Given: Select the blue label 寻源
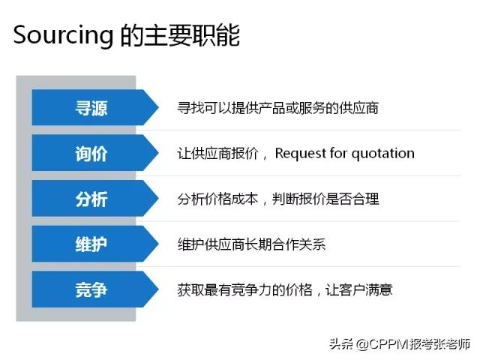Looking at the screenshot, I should [x=91, y=107].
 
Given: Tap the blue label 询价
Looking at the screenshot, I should [x=91, y=153].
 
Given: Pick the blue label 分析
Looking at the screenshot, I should [x=91, y=199].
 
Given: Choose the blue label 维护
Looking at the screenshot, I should [x=91, y=244].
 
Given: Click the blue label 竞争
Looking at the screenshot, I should [x=91, y=289].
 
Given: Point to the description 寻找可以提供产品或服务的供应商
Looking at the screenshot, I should [x=277, y=107].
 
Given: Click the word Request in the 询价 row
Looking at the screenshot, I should [x=301, y=153].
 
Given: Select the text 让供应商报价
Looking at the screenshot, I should [x=218, y=153].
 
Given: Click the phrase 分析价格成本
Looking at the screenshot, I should [x=218, y=199].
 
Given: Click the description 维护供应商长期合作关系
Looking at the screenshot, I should [x=251, y=244].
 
